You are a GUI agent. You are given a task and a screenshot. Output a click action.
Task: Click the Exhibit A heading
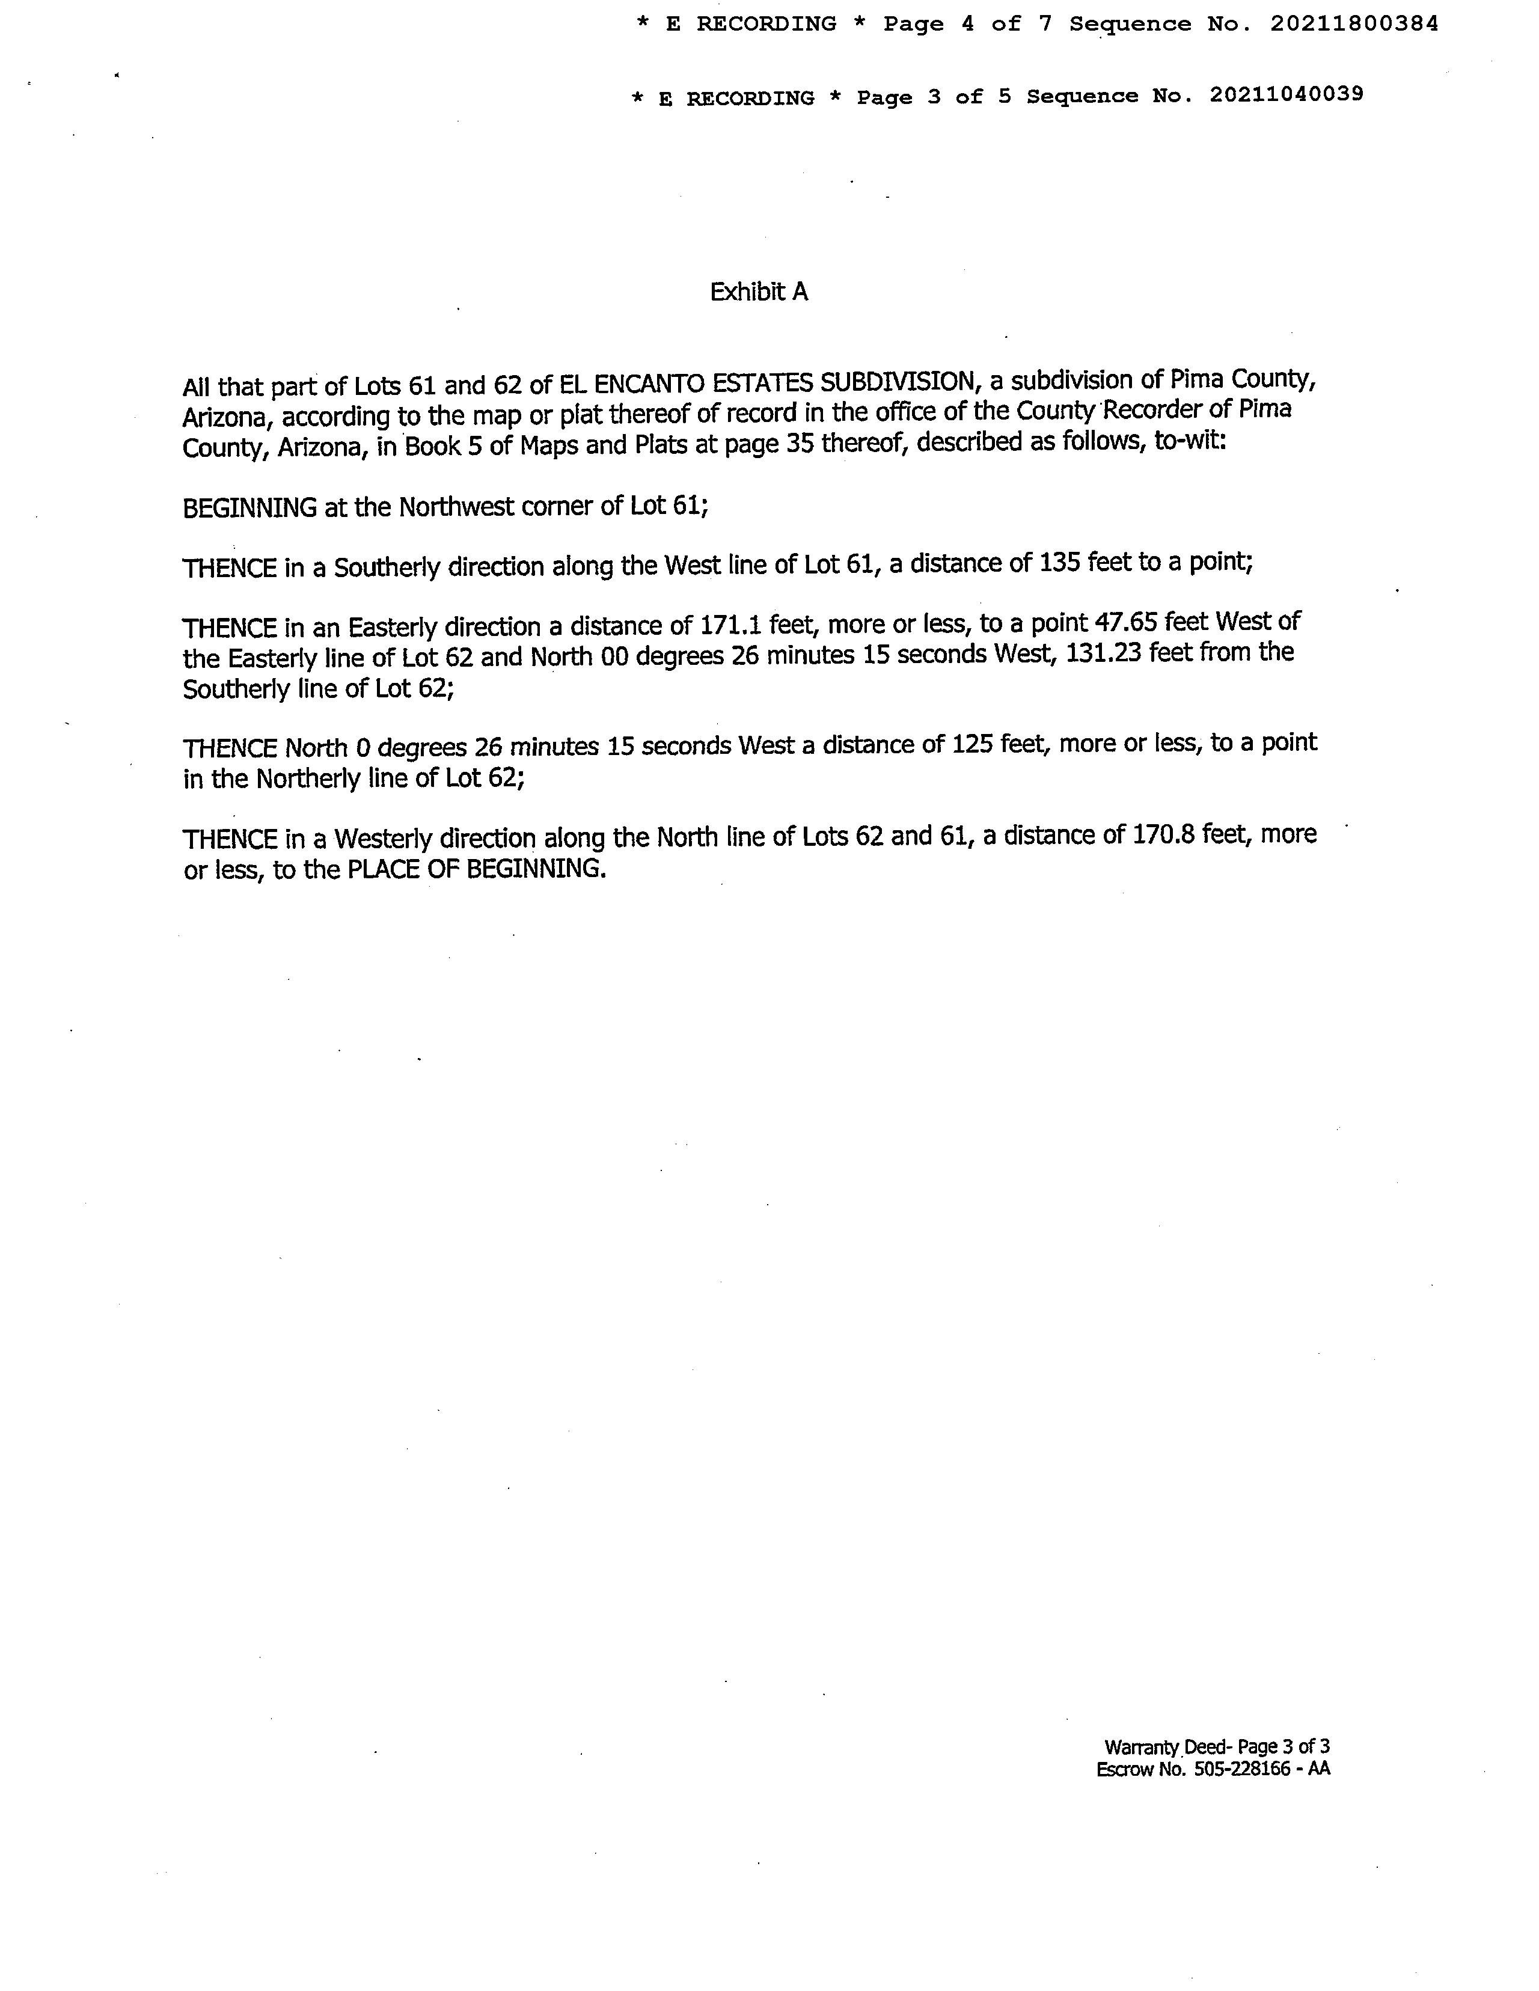[x=759, y=292]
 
